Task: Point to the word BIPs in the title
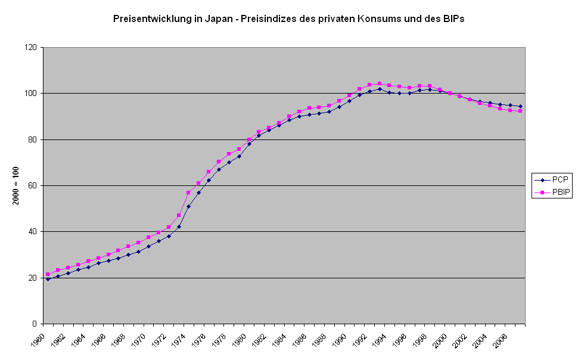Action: click(452, 18)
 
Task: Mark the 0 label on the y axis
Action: click(35, 324)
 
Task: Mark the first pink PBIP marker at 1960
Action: click(48, 274)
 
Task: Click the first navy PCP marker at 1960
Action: click(48, 279)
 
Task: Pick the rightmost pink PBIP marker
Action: click(520, 111)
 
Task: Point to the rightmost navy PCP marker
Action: click(520, 106)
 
